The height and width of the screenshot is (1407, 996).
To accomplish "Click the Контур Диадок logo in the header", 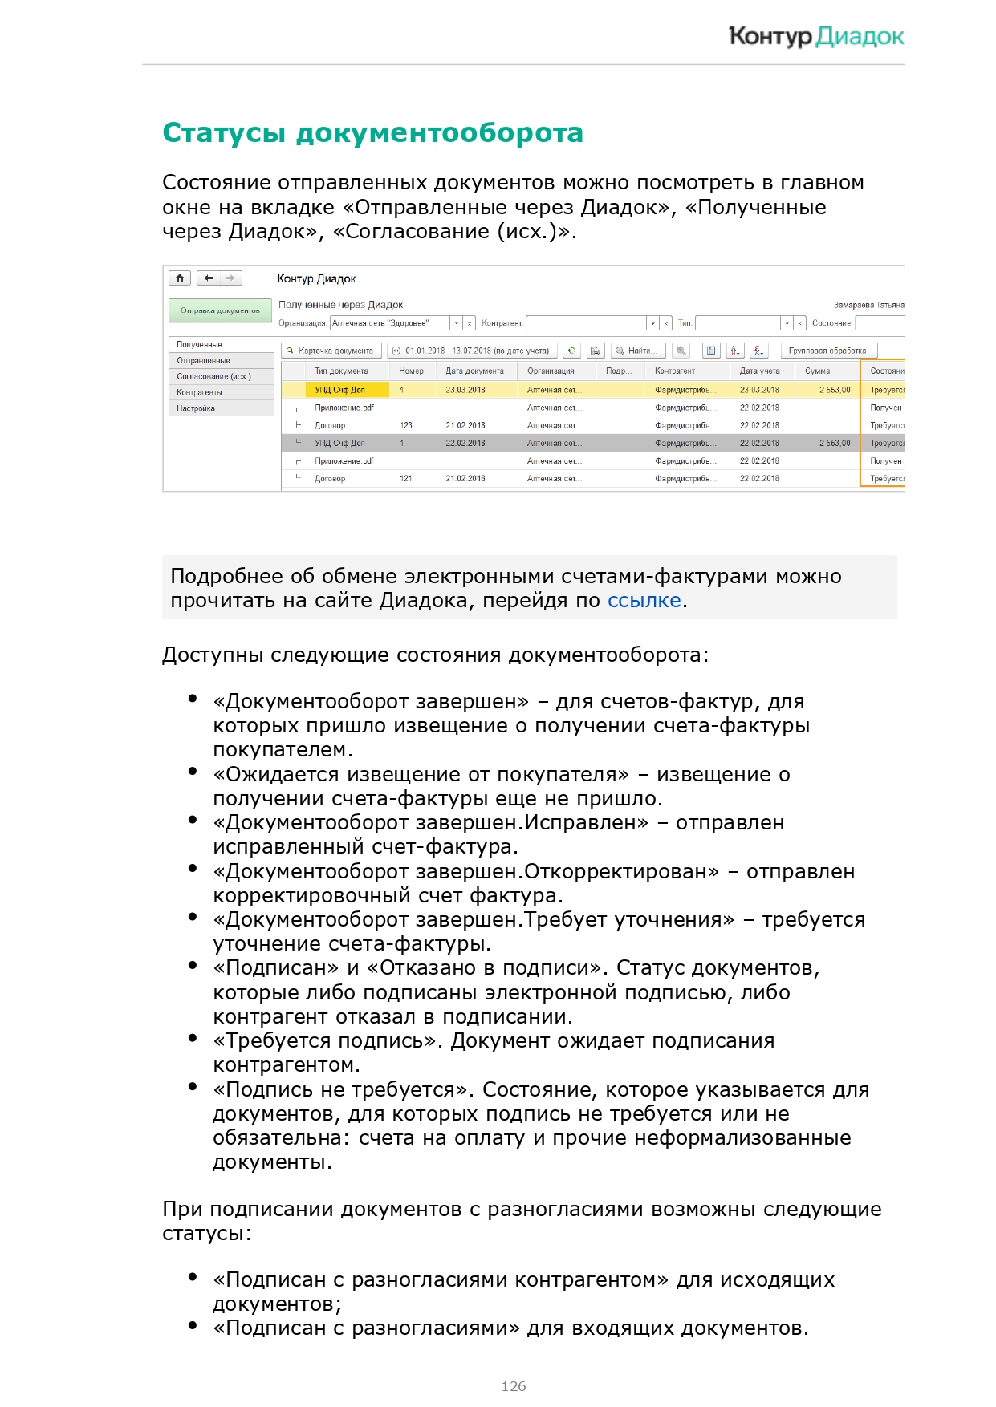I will click(816, 36).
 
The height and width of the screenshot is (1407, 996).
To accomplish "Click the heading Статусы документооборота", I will click(372, 133).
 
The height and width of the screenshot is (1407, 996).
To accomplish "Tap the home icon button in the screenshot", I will click(180, 278).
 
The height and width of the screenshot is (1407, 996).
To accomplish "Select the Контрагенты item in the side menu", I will click(199, 392).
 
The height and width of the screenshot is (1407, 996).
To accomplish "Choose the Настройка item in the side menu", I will click(196, 408).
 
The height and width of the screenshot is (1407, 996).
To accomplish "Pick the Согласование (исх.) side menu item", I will click(213, 376).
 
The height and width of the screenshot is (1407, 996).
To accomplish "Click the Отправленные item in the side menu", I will click(203, 360).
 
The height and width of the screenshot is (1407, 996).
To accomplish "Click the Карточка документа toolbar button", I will click(331, 351).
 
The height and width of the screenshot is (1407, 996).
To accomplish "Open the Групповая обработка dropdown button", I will click(830, 351).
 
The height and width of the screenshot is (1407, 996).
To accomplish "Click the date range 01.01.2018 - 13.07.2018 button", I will click(472, 351).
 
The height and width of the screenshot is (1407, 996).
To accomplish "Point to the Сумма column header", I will click(817, 371).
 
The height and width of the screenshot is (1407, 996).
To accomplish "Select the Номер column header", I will click(411, 371).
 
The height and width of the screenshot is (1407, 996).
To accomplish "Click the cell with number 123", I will click(406, 425).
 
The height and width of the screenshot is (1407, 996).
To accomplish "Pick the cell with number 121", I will click(406, 478).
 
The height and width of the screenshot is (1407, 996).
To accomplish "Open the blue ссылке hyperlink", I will click(644, 601).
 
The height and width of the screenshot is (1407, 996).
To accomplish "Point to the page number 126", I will click(514, 1386).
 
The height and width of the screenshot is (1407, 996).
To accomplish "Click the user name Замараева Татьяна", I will click(868, 305).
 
